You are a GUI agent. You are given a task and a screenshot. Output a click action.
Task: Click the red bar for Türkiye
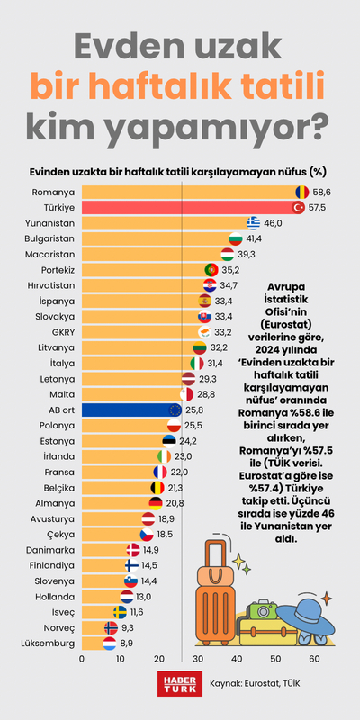(x=189, y=207)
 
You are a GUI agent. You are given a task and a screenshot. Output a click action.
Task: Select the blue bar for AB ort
(x=126, y=409)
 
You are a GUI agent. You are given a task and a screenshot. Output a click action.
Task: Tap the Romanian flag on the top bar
(x=301, y=192)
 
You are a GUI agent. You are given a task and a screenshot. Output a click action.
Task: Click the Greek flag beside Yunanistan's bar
(x=254, y=223)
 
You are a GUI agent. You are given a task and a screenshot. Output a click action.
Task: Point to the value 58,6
(x=322, y=192)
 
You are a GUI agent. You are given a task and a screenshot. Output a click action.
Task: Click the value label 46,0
(x=274, y=223)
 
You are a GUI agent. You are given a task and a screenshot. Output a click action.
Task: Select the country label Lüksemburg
(x=50, y=643)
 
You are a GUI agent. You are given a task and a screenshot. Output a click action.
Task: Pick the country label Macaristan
(x=51, y=254)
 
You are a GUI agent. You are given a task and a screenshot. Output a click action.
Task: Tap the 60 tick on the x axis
(x=315, y=658)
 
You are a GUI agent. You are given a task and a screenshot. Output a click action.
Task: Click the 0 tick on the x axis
(x=82, y=658)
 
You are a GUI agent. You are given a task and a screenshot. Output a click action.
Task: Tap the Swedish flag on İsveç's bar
(x=120, y=611)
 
